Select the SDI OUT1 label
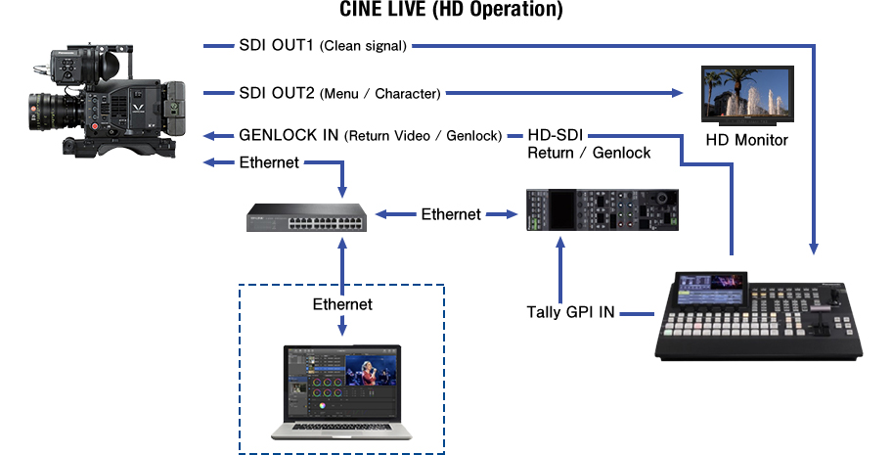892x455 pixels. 278,45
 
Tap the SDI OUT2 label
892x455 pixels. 278,93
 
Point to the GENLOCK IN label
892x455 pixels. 290,135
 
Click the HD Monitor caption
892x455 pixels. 746,140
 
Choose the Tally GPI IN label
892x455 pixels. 570,313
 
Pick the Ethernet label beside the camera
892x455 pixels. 269,162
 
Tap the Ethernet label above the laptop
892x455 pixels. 342,304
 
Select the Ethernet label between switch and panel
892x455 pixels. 451,213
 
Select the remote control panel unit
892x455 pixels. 600,209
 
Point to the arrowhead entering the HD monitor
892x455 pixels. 678,93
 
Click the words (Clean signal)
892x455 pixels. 363,45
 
